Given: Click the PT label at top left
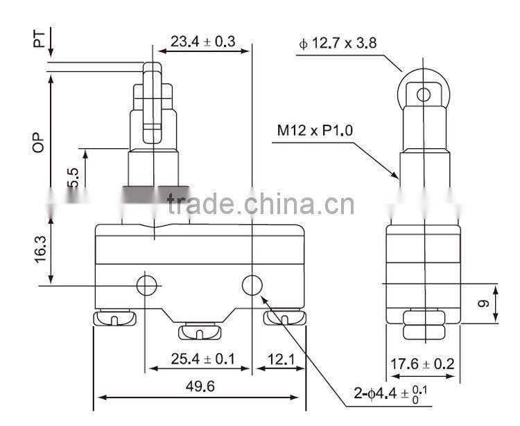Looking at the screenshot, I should point(41,36).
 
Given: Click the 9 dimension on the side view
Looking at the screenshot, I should point(485,303).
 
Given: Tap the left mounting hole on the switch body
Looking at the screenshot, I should point(146,285).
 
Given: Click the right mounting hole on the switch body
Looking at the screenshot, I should point(252,285).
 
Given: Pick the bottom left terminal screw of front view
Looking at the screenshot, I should point(115,319).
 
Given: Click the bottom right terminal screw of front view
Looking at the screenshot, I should point(284,319).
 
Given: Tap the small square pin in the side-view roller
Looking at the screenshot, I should point(423,92).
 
